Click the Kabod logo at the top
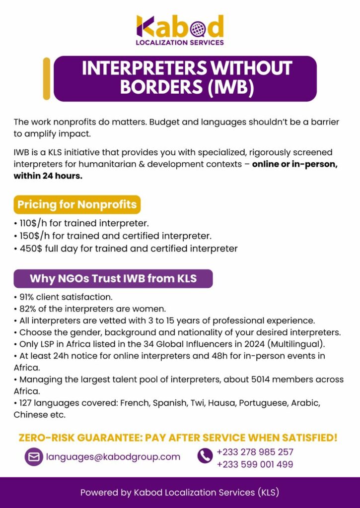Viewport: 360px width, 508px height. tap(180, 30)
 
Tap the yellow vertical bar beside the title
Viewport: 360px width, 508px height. tap(47, 78)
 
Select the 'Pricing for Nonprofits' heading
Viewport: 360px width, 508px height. tap(77, 204)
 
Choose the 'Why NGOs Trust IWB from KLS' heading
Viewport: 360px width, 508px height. tap(113, 279)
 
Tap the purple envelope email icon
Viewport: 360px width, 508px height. tap(34, 457)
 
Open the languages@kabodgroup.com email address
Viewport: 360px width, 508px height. tap(113, 457)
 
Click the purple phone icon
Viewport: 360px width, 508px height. tap(205, 456)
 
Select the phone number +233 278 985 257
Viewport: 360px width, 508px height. tap(255, 452)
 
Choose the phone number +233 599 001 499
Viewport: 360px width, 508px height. tap(255, 465)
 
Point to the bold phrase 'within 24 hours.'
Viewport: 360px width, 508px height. tap(48, 176)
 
